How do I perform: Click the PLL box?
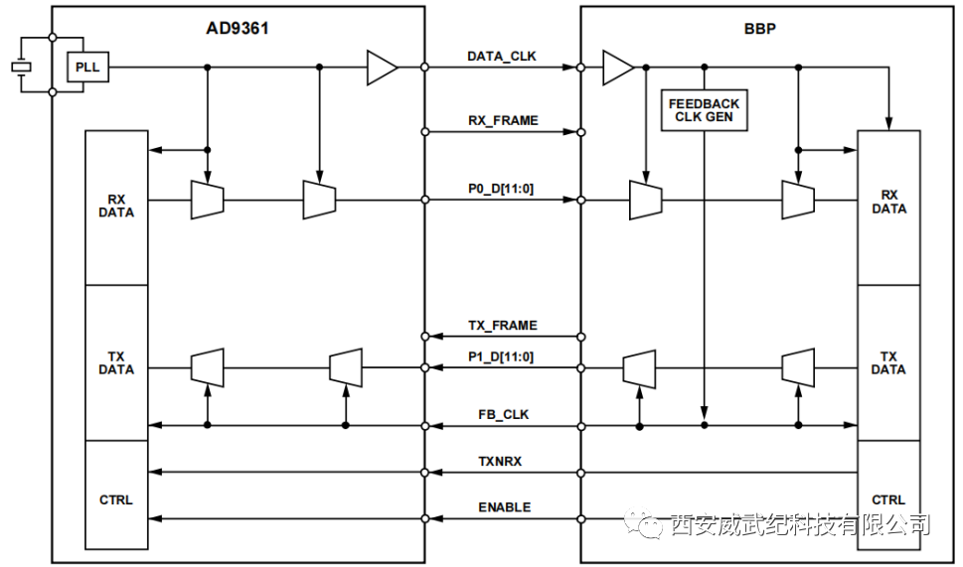point(87,69)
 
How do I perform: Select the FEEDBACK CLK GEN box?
point(704,110)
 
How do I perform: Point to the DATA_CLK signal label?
point(502,57)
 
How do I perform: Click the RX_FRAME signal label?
point(503,120)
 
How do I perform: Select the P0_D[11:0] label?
point(502,189)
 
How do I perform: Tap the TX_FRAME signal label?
point(503,326)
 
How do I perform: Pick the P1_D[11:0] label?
point(502,356)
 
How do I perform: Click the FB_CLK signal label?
point(503,415)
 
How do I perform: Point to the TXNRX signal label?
point(503,462)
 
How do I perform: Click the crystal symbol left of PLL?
point(21,68)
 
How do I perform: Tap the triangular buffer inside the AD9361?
point(382,68)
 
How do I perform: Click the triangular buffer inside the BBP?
point(617,68)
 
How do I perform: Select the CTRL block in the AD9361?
point(116,499)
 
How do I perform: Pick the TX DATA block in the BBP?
point(888,362)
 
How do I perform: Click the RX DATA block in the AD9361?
point(116,206)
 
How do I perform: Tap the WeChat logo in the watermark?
point(647,522)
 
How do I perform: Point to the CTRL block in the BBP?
point(888,499)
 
